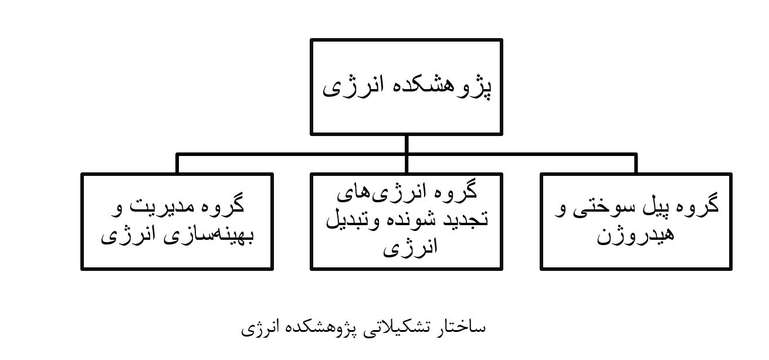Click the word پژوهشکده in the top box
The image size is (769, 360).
point(440,87)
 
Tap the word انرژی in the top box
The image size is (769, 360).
point(352,87)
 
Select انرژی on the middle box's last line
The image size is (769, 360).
point(410,247)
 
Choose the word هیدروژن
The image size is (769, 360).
point(636,235)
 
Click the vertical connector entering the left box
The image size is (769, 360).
point(177,164)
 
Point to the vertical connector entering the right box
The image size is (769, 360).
point(636,164)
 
